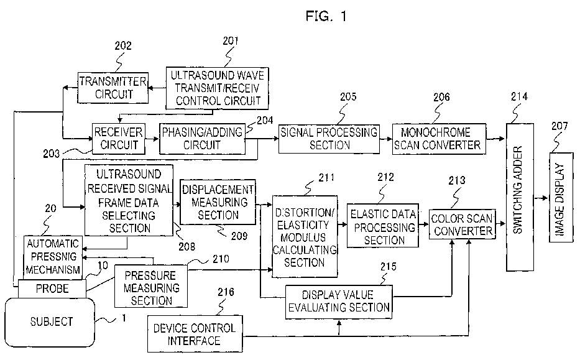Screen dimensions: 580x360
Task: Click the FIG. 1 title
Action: coord(326,16)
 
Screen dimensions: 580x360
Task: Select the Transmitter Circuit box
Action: coord(113,88)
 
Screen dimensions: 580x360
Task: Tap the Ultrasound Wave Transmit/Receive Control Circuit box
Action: coord(217,88)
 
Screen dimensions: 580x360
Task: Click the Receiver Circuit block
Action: coord(118,139)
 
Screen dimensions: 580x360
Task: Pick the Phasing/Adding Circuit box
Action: coord(202,139)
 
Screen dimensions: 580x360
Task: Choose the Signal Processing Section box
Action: coord(329,139)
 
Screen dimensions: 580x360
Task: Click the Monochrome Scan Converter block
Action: coord(439,139)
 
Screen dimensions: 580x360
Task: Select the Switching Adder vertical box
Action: coord(520,197)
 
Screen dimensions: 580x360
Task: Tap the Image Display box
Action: coord(561,197)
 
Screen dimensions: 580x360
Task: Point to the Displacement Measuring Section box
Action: coord(218,202)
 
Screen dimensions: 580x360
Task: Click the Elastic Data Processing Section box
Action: coord(383,225)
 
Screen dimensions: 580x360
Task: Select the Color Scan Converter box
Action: coord(463,224)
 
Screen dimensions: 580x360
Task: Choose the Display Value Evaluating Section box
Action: coord(339,302)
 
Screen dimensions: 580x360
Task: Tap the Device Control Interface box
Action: coord(195,334)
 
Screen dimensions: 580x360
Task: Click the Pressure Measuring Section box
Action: coord(151,286)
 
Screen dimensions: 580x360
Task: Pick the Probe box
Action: coord(52,288)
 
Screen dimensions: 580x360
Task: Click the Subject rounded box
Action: coord(50,322)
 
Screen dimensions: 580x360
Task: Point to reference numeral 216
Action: coord(226,292)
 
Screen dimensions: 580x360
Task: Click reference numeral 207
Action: coord(559,126)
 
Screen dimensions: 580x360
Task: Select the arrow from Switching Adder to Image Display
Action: coord(541,198)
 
